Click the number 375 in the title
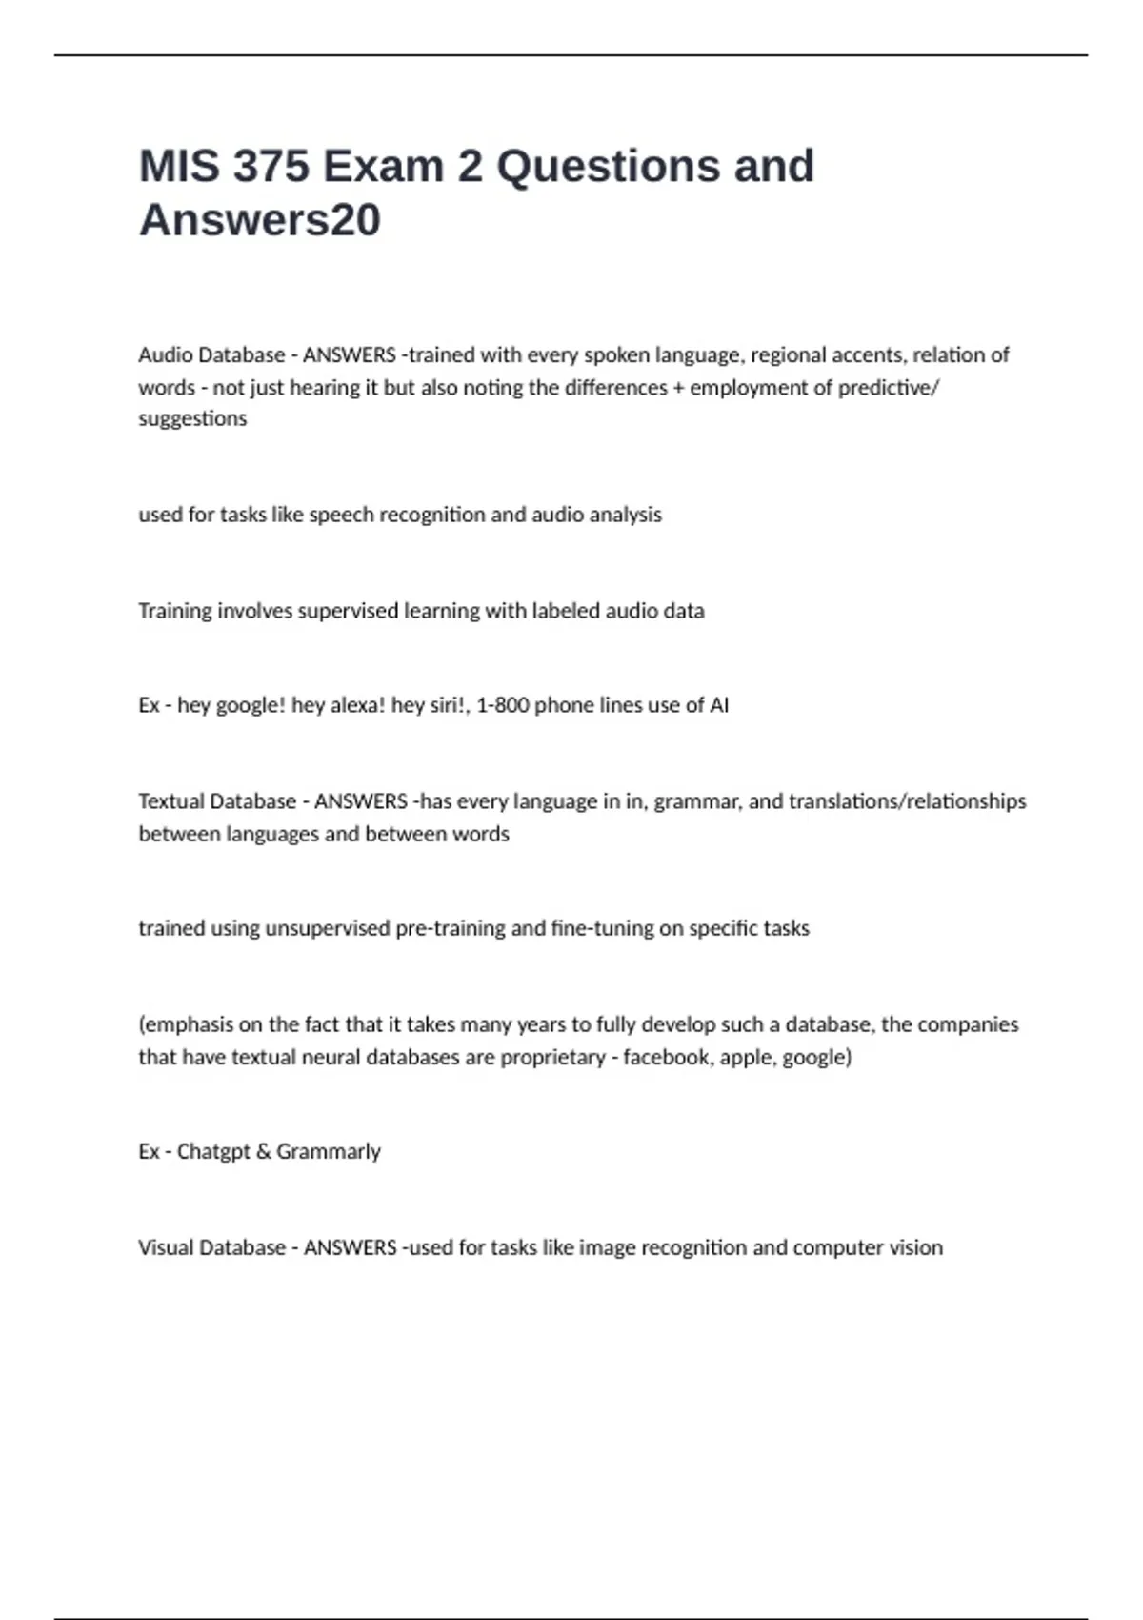coord(271,166)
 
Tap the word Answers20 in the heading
coord(260,220)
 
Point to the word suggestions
coord(192,419)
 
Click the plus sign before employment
coord(678,388)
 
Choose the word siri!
coord(430,705)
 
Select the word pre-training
coord(450,929)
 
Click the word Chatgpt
coord(213,1152)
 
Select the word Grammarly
coord(329,1152)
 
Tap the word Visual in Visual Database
coord(165,1248)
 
